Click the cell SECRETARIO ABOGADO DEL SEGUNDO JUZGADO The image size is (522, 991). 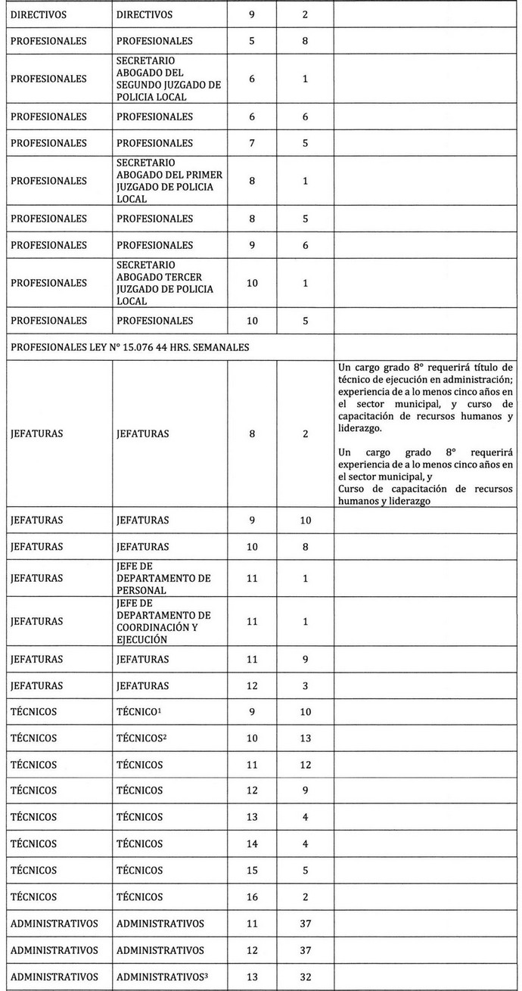[x=169, y=79]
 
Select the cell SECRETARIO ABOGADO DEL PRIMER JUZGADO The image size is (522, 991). [x=169, y=181]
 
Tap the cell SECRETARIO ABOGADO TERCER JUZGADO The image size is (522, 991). [x=169, y=283]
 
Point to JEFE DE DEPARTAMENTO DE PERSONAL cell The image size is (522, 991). [x=169, y=578]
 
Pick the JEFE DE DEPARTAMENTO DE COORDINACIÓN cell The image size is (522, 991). [x=169, y=621]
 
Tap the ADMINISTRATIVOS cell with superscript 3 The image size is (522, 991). [x=162, y=977]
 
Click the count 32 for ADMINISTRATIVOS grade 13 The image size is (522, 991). [x=305, y=977]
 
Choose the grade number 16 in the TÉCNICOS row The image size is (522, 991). [x=252, y=897]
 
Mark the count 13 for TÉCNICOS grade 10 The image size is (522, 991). [x=305, y=738]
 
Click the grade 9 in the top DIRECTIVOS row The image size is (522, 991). [x=252, y=14]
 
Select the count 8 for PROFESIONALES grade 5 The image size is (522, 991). [x=305, y=41]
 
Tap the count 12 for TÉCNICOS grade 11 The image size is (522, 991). [x=305, y=765]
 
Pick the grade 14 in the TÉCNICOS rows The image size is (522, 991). [x=252, y=844]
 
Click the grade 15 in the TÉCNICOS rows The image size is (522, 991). [x=252, y=871]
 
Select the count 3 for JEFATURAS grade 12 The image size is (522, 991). [x=305, y=685]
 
